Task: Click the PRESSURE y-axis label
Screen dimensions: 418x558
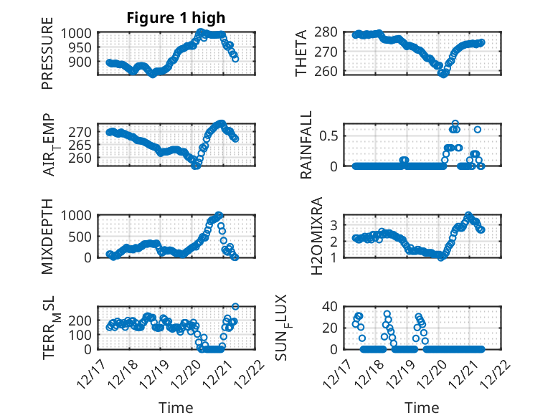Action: [47, 58]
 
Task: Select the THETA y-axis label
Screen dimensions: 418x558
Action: [301, 54]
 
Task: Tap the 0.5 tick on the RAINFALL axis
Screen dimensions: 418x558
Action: [331, 136]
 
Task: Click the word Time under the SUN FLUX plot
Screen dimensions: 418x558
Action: [422, 407]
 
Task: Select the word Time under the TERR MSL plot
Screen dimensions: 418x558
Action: [176, 407]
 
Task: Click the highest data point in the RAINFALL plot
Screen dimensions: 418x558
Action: [455, 123]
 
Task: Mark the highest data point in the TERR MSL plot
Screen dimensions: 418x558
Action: [235, 307]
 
